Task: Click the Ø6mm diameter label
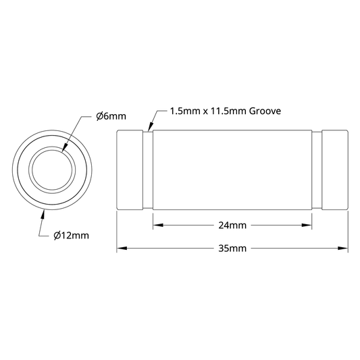pyautogui.click(x=111, y=116)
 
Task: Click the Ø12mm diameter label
pyautogui.click(x=71, y=236)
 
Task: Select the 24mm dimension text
pyautogui.click(x=232, y=226)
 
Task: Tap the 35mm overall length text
pyautogui.click(x=232, y=249)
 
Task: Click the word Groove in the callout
pyautogui.click(x=265, y=111)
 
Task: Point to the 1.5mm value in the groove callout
pyautogui.click(x=185, y=111)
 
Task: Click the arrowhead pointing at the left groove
pyautogui.click(x=150, y=127)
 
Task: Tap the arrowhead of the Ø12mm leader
pyautogui.click(x=43, y=215)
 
